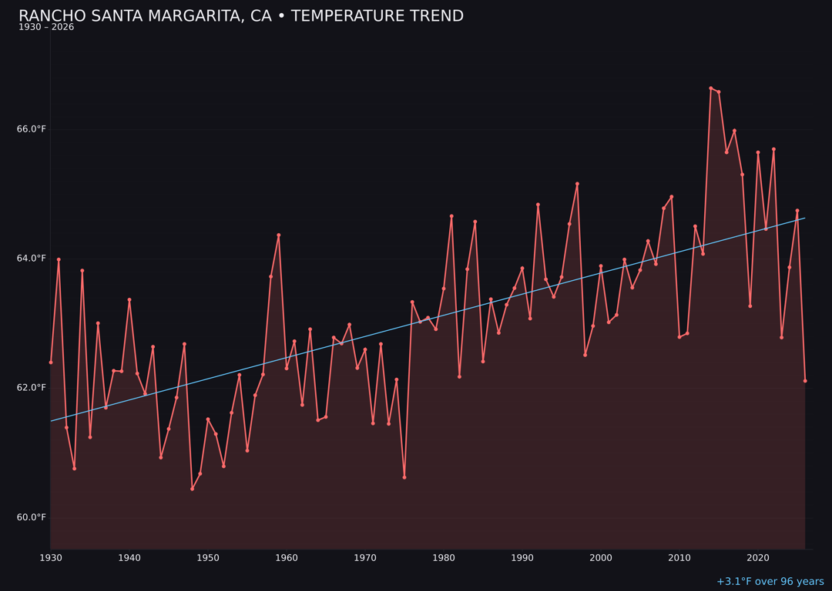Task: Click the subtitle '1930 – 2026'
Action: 46,28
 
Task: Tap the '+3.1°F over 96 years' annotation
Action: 770,582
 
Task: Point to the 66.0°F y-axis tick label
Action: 32,129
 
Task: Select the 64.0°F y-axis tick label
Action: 32,259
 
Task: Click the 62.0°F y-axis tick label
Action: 32,388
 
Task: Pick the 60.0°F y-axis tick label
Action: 32,517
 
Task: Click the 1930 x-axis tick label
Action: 51,558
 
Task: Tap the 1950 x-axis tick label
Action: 208,558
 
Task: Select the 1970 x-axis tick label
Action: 365,558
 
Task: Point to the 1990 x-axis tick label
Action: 522,558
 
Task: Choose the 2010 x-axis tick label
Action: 679,558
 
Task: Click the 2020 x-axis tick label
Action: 758,558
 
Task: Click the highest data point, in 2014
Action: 711,88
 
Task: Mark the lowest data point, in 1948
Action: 192,489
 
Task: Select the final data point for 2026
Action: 805,381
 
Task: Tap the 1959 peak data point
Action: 279,235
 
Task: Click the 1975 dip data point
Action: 404,477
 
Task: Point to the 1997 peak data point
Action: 577,184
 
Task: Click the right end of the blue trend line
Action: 805,218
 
